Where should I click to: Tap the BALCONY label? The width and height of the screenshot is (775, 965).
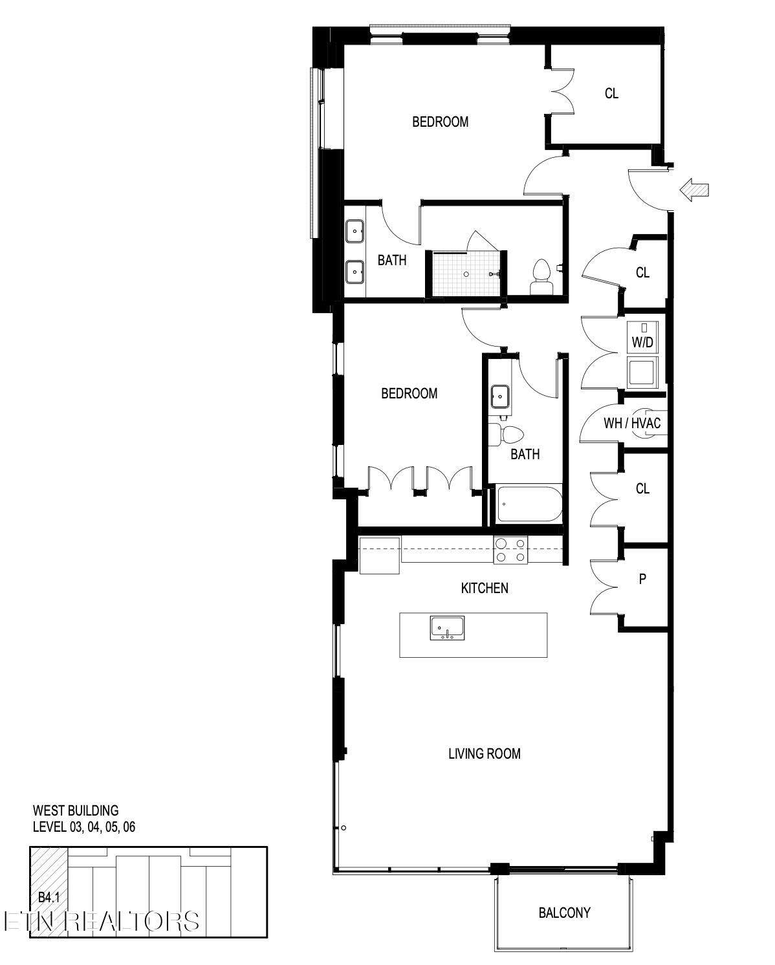click(x=564, y=913)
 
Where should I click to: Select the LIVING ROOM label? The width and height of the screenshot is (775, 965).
click(x=485, y=754)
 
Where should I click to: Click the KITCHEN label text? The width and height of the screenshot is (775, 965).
click(x=485, y=588)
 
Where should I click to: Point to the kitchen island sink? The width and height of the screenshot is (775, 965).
click(x=447, y=628)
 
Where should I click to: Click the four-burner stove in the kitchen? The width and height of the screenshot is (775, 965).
click(x=510, y=550)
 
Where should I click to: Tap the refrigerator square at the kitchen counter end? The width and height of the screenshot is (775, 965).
click(x=380, y=555)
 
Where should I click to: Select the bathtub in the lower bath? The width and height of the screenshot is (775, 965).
click(x=529, y=504)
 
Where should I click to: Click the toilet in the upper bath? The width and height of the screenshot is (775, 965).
click(x=541, y=277)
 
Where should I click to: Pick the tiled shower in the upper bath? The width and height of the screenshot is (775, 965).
click(x=466, y=274)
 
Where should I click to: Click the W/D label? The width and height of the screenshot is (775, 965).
click(x=642, y=342)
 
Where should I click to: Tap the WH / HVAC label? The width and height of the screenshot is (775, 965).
click(x=632, y=423)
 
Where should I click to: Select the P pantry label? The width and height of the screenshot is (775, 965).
click(x=642, y=578)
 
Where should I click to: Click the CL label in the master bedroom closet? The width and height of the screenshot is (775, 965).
click(x=611, y=93)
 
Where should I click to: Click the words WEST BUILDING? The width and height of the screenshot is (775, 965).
click(x=76, y=810)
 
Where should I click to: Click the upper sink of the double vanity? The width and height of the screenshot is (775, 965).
click(x=355, y=232)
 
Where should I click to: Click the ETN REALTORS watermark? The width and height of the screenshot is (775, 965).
click(x=102, y=922)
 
